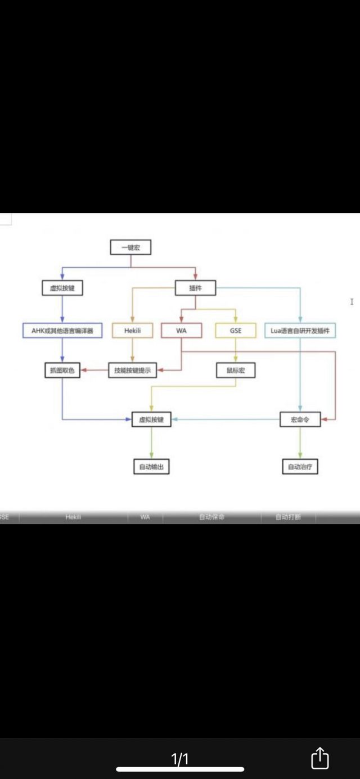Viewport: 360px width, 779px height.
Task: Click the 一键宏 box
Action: (130, 247)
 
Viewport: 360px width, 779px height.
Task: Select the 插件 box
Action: (195, 289)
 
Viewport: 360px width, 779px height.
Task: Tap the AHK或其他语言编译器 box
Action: (62, 331)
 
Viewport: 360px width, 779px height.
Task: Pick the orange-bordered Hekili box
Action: (132, 331)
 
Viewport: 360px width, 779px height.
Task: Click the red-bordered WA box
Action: (181, 331)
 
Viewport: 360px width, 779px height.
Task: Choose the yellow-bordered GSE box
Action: (236, 331)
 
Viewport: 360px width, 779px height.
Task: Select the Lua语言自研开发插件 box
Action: (300, 331)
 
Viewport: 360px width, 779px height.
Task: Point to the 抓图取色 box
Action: (62, 370)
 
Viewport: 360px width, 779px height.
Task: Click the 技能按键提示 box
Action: (133, 370)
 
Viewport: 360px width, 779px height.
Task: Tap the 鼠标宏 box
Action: (236, 370)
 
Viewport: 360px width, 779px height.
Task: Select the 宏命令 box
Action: (300, 420)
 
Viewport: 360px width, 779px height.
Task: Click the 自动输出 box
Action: (151, 467)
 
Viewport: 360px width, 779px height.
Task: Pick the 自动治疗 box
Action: (300, 467)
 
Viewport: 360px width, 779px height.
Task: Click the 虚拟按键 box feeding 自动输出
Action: (151, 420)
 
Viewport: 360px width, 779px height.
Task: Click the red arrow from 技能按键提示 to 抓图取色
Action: (94, 370)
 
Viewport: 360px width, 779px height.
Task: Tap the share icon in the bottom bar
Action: (319, 758)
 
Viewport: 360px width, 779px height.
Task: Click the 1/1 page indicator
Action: (180, 759)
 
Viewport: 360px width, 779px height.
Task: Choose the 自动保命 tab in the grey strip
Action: (211, 517)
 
